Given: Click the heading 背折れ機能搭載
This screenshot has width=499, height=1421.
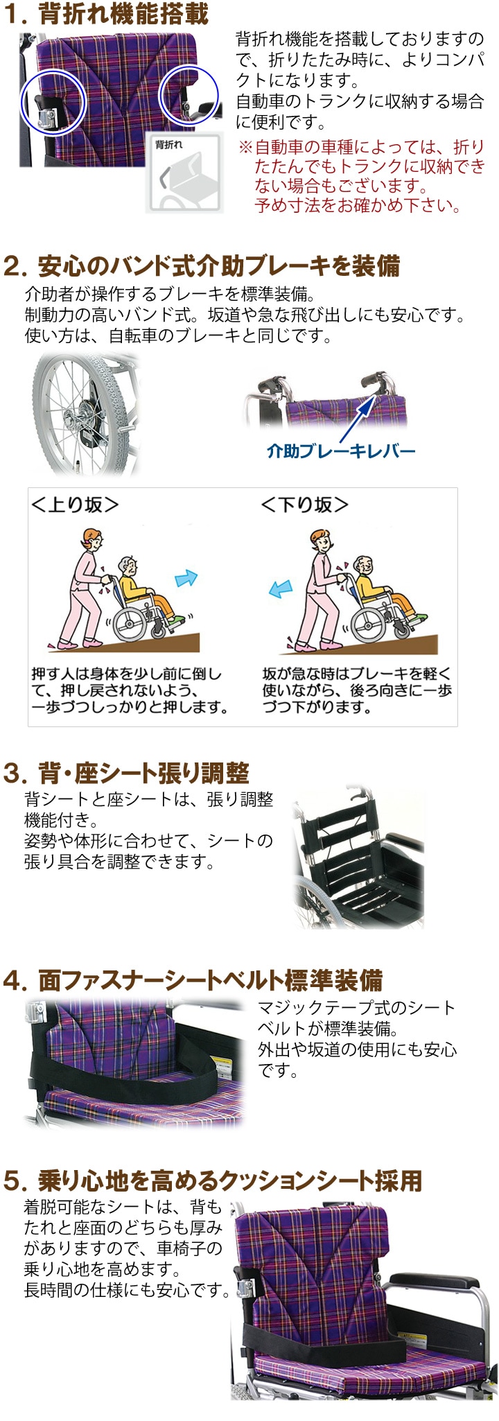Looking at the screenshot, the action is (123, 14).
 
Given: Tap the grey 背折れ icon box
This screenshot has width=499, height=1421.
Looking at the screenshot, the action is (184, 173).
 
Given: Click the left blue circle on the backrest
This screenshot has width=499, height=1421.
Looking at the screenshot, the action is (51, 103).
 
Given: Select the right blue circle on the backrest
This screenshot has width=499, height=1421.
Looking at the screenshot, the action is (189, 96).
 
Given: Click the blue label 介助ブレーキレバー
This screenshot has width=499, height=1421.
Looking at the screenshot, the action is (341, 451).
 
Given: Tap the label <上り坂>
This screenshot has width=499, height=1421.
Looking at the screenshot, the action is (75, 505).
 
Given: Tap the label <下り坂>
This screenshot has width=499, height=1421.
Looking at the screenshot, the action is (304, 505).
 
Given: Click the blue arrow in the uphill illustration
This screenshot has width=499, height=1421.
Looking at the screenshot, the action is (186, 578).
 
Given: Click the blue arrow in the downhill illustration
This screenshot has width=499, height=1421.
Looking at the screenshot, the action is (280, 589).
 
